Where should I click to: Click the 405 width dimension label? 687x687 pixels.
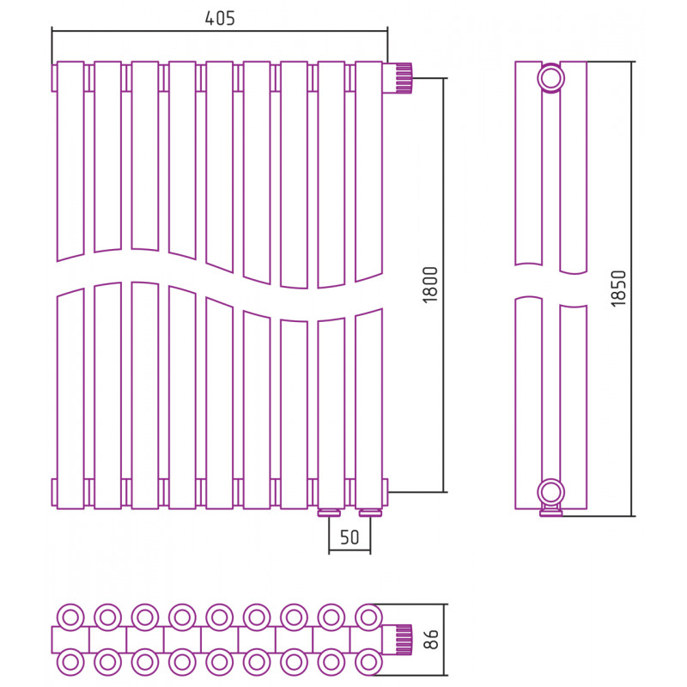(220, 18)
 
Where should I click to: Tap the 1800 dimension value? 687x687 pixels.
(430, 285)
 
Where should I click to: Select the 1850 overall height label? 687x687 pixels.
(618, 289)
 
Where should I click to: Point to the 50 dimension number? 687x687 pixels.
(350, 538)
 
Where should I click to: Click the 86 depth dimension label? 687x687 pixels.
(431, 639)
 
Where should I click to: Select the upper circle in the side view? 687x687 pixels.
(550, 78)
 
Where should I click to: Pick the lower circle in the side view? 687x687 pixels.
(550, 492)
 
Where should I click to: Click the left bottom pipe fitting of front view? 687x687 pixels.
(330, 513)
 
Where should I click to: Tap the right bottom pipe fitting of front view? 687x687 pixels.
(370, 513)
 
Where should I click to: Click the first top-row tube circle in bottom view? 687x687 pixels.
(70, 617)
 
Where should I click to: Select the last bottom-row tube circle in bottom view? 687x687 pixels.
(368, 662)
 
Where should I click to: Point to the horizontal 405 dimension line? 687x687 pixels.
(220, 31)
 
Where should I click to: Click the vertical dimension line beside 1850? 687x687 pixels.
(632, 289)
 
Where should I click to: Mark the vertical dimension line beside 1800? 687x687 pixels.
(444, 285)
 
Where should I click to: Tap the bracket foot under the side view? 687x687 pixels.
(550, 511)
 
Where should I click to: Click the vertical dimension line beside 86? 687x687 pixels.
(445, 640)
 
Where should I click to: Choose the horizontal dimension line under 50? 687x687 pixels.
(350, 550)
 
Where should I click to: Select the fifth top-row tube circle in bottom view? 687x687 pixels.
(220, 617)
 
